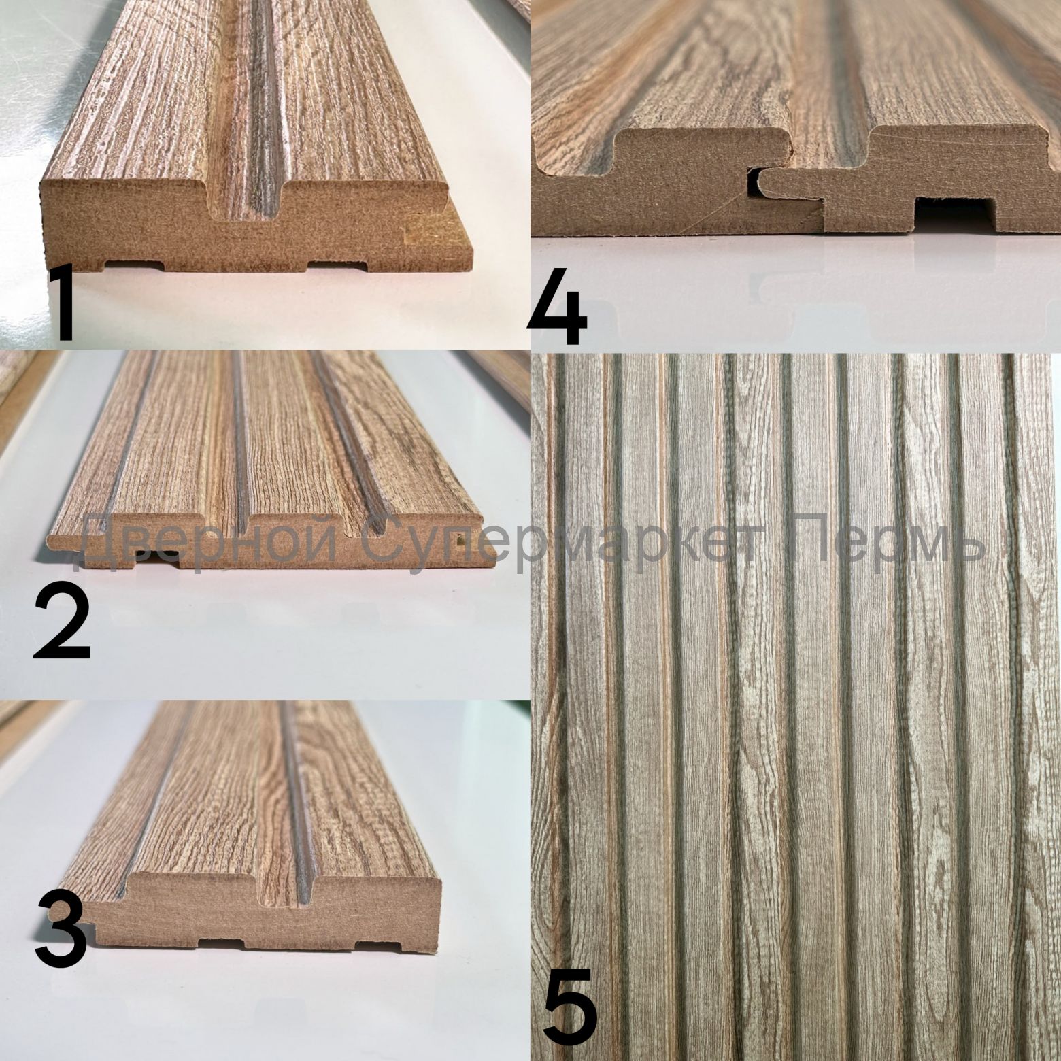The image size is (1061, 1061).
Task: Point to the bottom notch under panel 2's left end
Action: point(161,559)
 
